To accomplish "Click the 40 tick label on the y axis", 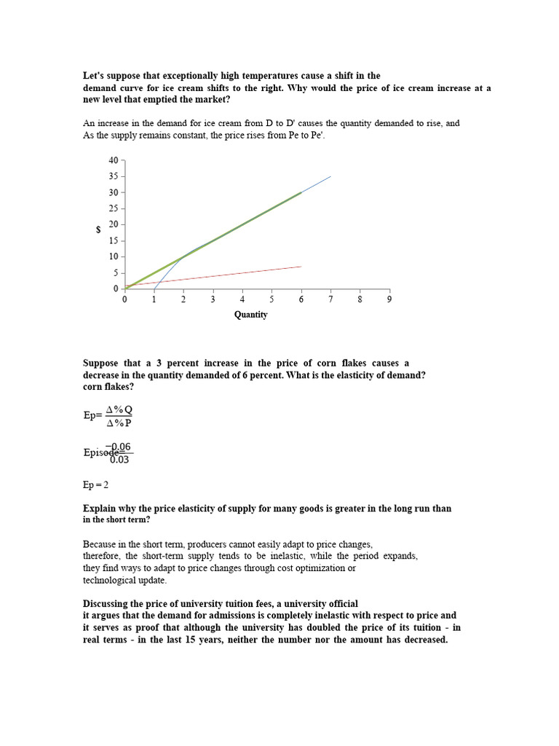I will coord(112,160).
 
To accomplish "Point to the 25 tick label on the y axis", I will coord(112,208).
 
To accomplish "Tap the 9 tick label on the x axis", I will coord(389,299).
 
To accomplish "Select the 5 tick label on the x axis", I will coord(271,299).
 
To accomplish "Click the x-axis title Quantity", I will coord(250,315).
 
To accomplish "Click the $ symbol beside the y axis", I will coord(98,229).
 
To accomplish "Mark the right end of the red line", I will coord(301,267).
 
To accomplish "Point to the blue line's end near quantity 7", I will coord(330,176).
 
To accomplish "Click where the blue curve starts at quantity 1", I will coord(154,288).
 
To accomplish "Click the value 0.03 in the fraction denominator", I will coord(120,458).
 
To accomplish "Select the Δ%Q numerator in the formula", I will coord(119,409).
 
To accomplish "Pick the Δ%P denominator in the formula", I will coord(119,423).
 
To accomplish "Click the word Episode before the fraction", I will coord(99,452).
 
